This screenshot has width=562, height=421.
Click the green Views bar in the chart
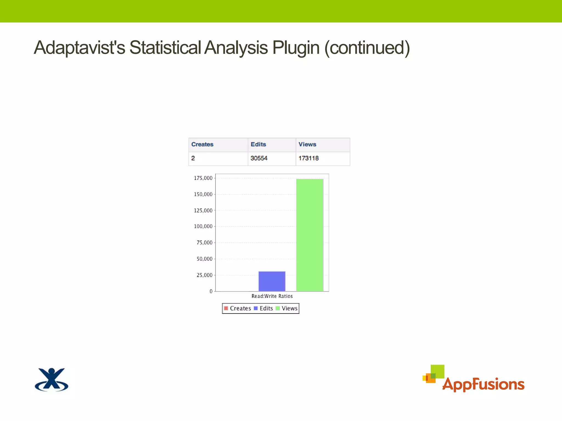click(310, 235)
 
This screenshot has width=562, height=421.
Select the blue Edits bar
click(272, 281)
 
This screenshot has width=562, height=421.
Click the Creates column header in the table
click(202, 144)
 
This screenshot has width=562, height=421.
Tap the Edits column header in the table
click(258, 144)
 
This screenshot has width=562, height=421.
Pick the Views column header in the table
click(307, 144)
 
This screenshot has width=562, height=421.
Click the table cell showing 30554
click(259, 158)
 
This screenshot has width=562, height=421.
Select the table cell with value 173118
click(308, 158)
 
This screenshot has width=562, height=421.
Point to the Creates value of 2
click(193, 158)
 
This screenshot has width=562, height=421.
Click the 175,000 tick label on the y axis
click(203, 178)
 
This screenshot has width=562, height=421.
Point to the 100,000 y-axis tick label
click(203, 226)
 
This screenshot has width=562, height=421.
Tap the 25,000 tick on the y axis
click(204, 275)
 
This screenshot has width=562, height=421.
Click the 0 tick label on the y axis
click(211, 291)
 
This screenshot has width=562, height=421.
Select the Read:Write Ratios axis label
click(272, 296)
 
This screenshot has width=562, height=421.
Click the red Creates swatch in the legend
click(226, 308)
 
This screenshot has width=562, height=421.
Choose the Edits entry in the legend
click(263, 308)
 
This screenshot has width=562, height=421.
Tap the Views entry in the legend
click(286, 308)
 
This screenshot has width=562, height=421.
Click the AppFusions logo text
click(483, 384)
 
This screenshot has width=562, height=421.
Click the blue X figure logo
click(52, 380)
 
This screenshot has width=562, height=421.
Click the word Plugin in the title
click(296, 48)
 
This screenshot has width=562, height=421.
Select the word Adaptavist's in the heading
click(79, 48)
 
